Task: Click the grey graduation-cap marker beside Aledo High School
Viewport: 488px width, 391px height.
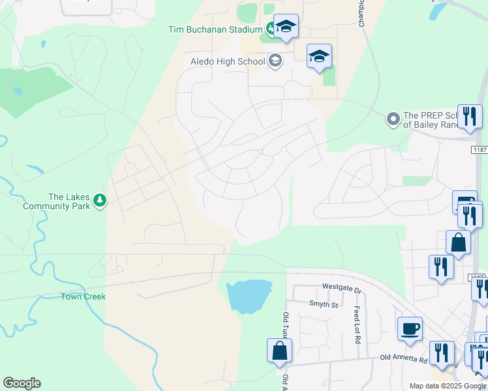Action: pyautogui.click(x=275, y=61)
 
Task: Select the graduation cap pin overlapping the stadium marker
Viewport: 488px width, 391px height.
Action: pyautogui.click(x=286, y=27)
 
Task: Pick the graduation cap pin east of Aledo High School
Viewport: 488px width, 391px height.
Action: pyautogui.click(x=320, y=56)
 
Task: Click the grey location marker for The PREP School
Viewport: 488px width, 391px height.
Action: pyautogui.click(x=393, y=119)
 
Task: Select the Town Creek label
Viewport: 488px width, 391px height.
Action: pyautogui.click(x=84, y=297)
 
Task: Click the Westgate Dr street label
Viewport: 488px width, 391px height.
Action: pyautogui.click(x=341, y=287)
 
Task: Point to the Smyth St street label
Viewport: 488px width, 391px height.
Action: pyautogui.click(x=323, y=304)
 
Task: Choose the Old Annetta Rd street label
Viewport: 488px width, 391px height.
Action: pyautogui.click(x=404, y=358)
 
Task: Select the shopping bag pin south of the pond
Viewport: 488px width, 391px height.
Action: pyautogui.click(x=279, y=350)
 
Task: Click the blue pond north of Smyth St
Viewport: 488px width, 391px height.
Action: pyautogui.click(x=247, y=296)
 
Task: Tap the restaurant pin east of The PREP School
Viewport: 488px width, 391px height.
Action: pyautogui.click(x=470, y=117)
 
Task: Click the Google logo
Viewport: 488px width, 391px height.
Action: pyautogui.click(x=22, y=383)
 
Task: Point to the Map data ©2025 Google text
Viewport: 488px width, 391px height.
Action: pyautogui.click(x=447, y=386)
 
